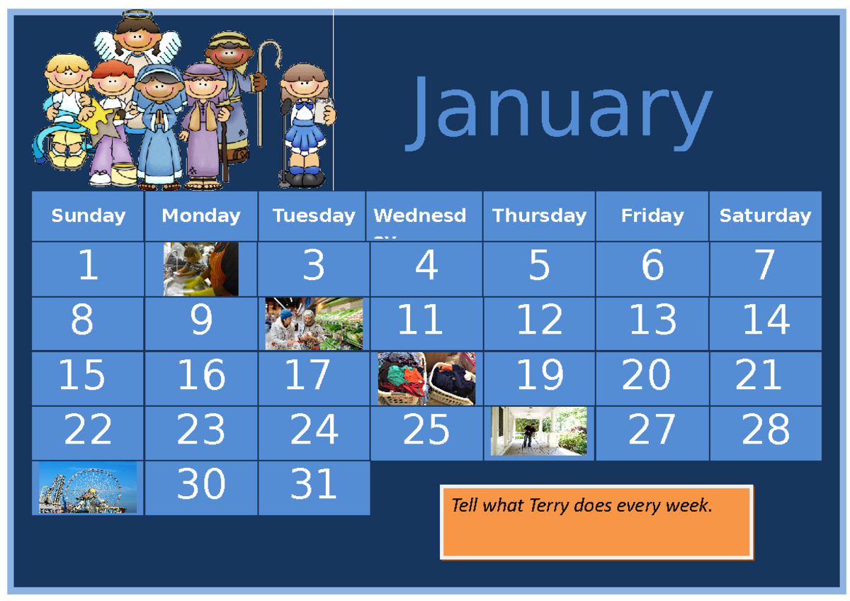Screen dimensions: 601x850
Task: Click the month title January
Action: point(560,113)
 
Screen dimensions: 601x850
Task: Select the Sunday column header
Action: point(88,215)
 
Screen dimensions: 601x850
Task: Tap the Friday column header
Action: point(652,215)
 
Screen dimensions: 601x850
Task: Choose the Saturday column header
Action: point(765,215)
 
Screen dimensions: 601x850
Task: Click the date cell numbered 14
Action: point(765,320)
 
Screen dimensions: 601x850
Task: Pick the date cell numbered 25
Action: point(426,429)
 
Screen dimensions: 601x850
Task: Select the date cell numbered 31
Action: point(313,485)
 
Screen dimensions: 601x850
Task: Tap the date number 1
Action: point(88,266)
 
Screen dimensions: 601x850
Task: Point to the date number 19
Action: point(540,376)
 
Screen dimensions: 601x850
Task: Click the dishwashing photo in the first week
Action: point(200,269)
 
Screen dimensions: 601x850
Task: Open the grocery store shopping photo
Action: point(314,323)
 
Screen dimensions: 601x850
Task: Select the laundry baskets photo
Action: point(426,378)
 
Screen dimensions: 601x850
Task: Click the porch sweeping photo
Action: point(539,431)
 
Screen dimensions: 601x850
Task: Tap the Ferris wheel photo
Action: point(88,488)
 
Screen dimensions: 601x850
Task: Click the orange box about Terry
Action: point(596,522)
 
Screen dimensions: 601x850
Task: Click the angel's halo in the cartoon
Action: point(137,14)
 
